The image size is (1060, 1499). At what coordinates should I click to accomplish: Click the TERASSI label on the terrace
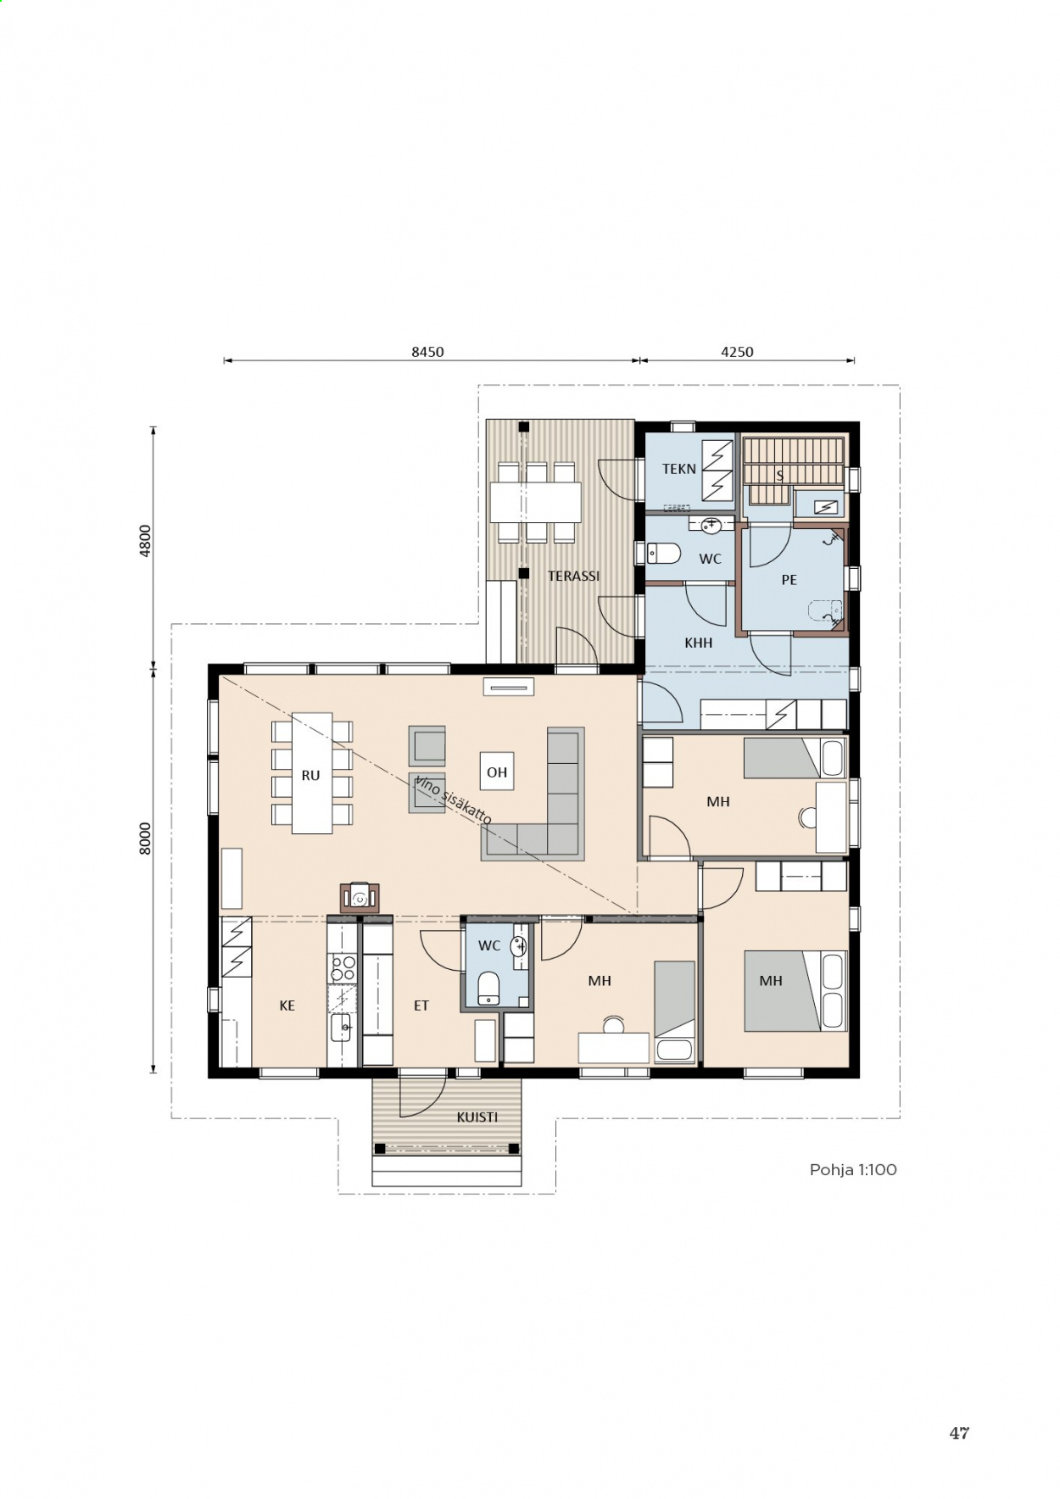pyautogui.click(x=573, y=576)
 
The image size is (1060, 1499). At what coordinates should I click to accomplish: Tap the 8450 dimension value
pyautogui.click(x=427, y=352)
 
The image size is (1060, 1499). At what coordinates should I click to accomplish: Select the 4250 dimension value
pyautogui.click(x=737, y=352)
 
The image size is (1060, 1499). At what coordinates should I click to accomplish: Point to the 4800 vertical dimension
pyautogui.click(x=145, y=540)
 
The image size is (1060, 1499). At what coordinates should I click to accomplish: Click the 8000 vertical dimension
pyautogui.click(x=145, y=838)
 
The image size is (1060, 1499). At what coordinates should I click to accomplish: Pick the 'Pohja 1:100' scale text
pyautogui.click(x=853, y=1170)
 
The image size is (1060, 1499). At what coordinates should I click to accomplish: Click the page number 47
pyautogui.click(x=959, y=1433)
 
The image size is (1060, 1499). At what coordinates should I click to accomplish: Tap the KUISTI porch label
pyautogui.click(x=477, y=1117)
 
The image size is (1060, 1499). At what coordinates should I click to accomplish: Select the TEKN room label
pyautogui.click(x=678, y=469)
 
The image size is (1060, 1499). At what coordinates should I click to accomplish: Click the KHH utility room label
pyautogui.click(x=699, y=643)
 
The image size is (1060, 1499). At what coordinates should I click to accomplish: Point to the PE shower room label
pyautogui.click(x=789, y=580)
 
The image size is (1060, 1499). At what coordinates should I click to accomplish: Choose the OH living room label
pyautogui.click(x=497, y=772)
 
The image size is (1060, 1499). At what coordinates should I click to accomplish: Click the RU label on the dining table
pyautogui.click(x=310, y=775)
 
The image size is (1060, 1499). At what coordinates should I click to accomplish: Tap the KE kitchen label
pyautogui.click(x=287, y=1006)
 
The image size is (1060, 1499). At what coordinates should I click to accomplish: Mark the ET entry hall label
pyautogui.click(x=421, y=1006)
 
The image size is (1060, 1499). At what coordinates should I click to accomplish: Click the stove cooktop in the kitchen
pyautogui.click(x=343, y=967)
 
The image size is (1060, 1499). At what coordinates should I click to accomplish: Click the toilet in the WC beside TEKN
pyautogui.click(x=664, y=554)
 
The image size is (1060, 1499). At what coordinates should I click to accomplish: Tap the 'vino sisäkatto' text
pyautogui.click(x=453, y=800)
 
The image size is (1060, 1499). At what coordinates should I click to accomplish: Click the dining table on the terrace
pyautogui.click(x=536, y=502)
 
